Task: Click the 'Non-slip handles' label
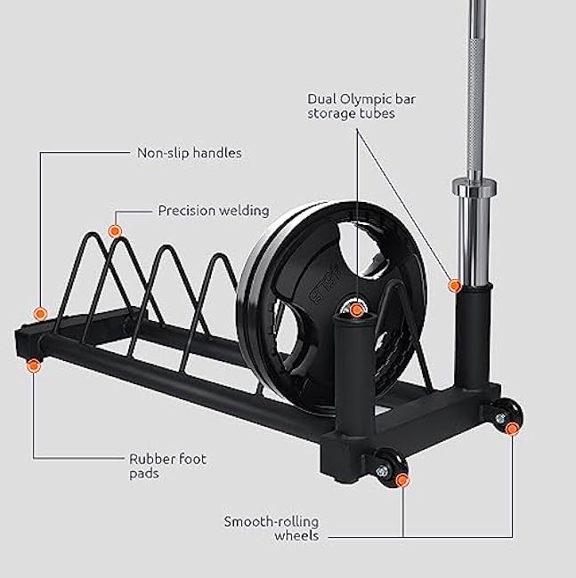pos(189,153)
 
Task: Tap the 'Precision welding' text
pos(213,211)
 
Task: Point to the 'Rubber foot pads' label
pos(168,465)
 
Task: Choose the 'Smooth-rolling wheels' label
pos(272,528)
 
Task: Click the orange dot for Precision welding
pos(114,231)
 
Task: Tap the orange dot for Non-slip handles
pos(40,313)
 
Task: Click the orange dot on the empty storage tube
pos(356,309)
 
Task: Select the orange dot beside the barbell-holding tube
pos(455,286)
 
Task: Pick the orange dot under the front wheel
pos(402,481)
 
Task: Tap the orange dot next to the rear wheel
pos(512,428)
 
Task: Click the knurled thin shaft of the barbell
pos(469,89)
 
